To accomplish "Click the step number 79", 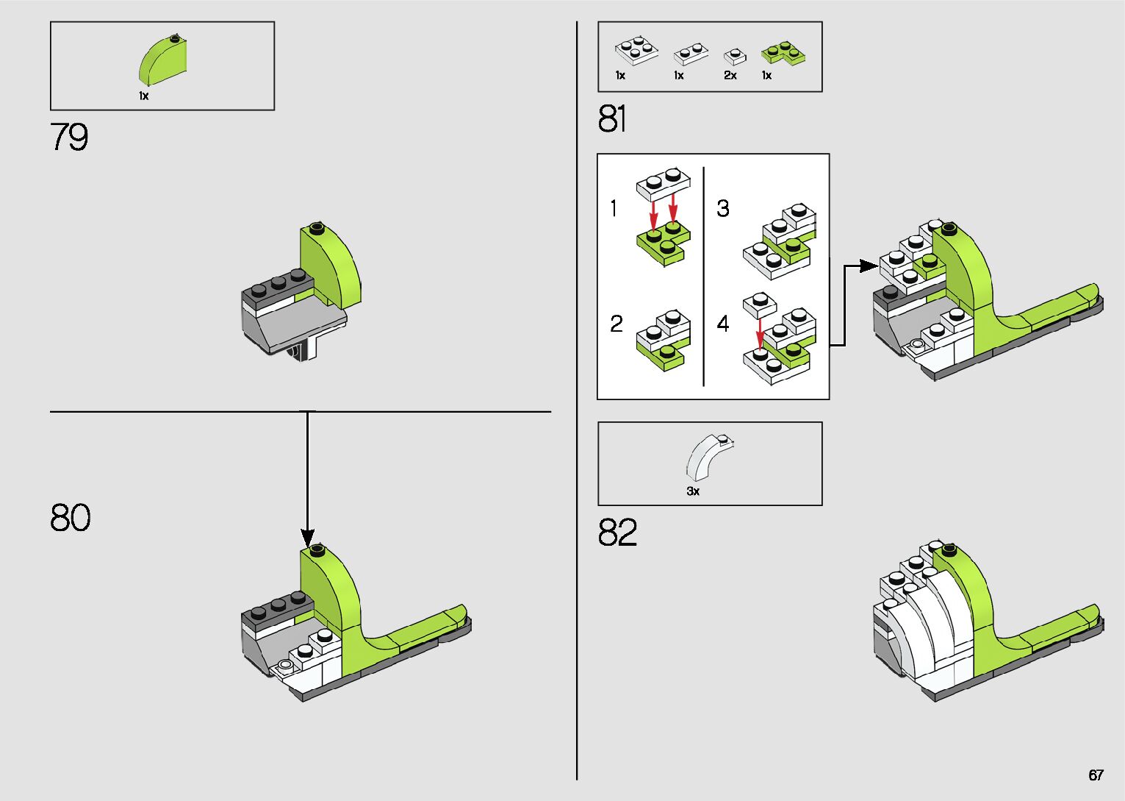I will tap(69, 138).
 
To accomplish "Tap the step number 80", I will tap(71, 517).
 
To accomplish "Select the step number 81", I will tap(612, 119).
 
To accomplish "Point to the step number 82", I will tap(617, 533).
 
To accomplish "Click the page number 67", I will tap(1096, 775).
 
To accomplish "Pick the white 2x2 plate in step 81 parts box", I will tap(636, 51).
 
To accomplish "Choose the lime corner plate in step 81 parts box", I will tap(782, 53).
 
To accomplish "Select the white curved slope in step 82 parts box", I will tap(710, 458).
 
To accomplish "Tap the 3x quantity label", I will tap(693, 491).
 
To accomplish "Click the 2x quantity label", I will tap(730, 76).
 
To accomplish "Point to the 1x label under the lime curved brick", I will tap(144, 96).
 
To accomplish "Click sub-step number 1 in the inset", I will tap(614, 209).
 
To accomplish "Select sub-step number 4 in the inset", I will tap(723, 324).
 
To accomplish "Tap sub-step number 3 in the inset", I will tap(723, 209).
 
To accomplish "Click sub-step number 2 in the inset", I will tap(616, 324).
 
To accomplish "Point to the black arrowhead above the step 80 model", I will tap(307, 537).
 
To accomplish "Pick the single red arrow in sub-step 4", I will tap(760, 331).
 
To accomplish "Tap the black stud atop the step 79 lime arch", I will tap(317, 227).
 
